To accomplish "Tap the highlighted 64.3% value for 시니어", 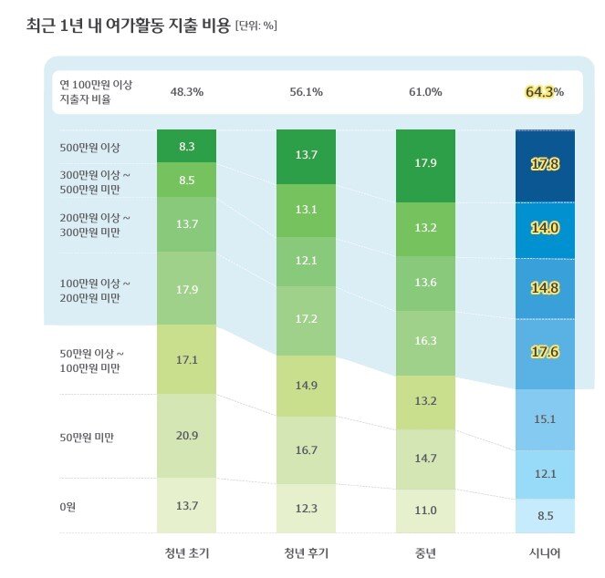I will point(544,92).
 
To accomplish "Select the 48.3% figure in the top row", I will point(187,92).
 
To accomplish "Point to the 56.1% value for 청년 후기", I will point(306,92).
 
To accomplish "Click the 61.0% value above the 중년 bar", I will point(425,92).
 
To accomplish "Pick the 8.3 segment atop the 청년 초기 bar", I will point(186,145).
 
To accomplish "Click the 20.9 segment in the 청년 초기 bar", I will point(186,436).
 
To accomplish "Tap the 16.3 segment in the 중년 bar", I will point(425,340).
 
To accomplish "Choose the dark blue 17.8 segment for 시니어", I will point(545,164).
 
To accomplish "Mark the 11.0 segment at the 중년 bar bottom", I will point(425,511).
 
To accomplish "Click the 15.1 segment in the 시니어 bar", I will point(545,419).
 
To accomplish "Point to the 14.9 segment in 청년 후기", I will point(306,385).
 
